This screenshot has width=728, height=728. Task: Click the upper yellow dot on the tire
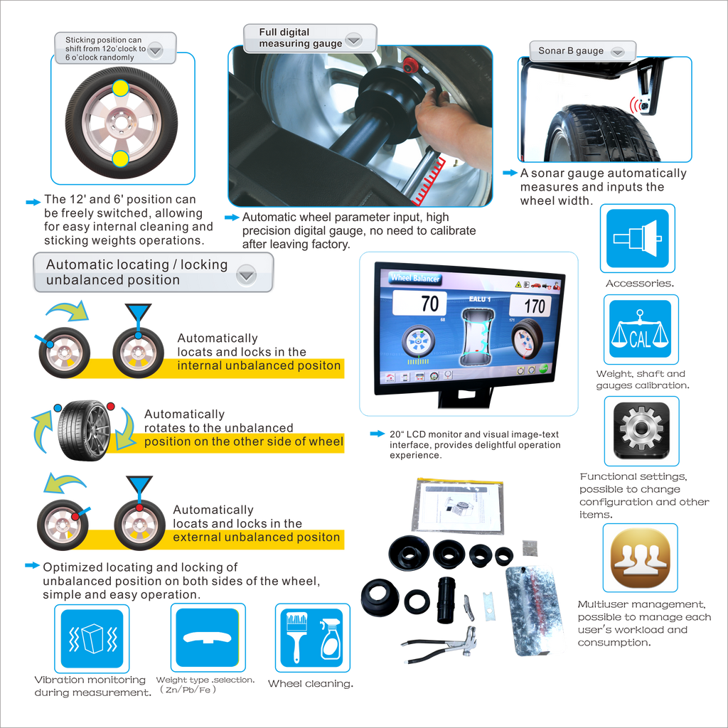tap(120, 87)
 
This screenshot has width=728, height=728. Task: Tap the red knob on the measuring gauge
tap(409, 65)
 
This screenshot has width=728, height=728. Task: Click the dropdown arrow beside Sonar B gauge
tap(618, 52)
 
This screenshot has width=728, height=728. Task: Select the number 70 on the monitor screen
tap(430, 304)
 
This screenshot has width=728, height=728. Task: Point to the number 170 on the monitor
tap(535, 306)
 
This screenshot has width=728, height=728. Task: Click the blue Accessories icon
tap(638, 238)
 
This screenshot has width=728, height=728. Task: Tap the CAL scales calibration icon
tap(641, 328)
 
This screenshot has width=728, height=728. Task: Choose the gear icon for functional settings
tap(641, 430)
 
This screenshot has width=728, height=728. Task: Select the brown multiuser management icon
tap(641, 557)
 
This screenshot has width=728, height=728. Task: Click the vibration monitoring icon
tap(92, 638)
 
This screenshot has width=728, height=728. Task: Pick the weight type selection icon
tap(208, 638)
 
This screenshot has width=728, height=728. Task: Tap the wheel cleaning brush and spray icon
tap(313, 638)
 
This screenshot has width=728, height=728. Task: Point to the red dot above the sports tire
tap(110, 406)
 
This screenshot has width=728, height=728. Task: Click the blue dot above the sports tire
tap(58, 407)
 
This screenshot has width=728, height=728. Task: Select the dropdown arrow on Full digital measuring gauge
tap(354, 40)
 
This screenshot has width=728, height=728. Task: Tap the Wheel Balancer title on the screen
tap(414, 278)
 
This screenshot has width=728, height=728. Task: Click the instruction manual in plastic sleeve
tap(458, 506)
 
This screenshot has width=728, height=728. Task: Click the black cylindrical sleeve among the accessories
tap(446, 600)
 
